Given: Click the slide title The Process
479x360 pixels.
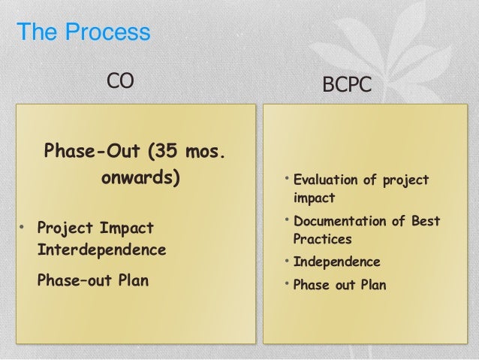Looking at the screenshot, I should click(x=83, y=34).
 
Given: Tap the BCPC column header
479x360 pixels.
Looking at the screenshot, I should click(x=346, y=85).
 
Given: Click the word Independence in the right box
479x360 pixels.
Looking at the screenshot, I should click(x=336, y=263).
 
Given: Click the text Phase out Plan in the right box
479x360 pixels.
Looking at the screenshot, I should click(x=339, y=285).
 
